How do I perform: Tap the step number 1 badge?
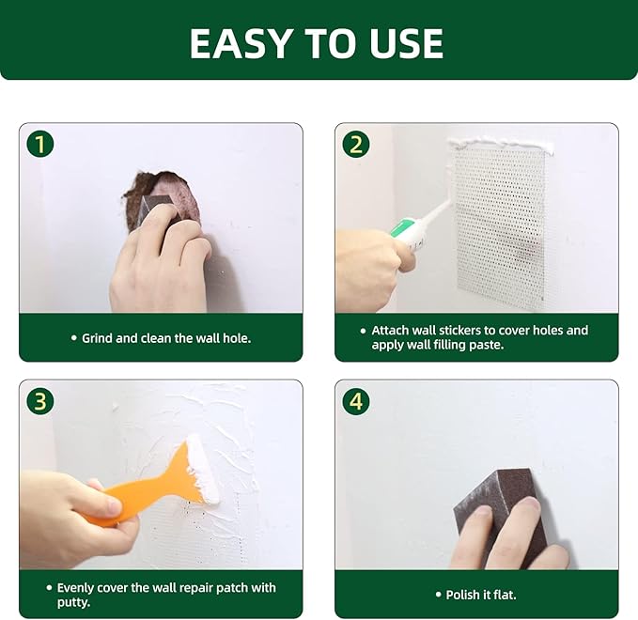pyautogui.click(x=40, y=144)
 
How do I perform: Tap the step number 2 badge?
pyautogui.click(x=355, y=144)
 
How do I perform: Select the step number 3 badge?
pyautogui.click(x=40, y=401)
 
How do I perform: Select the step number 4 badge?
pyautogui.click(x=355, y=401)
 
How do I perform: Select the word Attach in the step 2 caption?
pyautogui.click(x=391, y=331)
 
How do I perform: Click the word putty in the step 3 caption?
pyautogui.click(x=73, y=602)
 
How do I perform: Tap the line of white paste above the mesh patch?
pyautogui.click(x=498, y=144)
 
